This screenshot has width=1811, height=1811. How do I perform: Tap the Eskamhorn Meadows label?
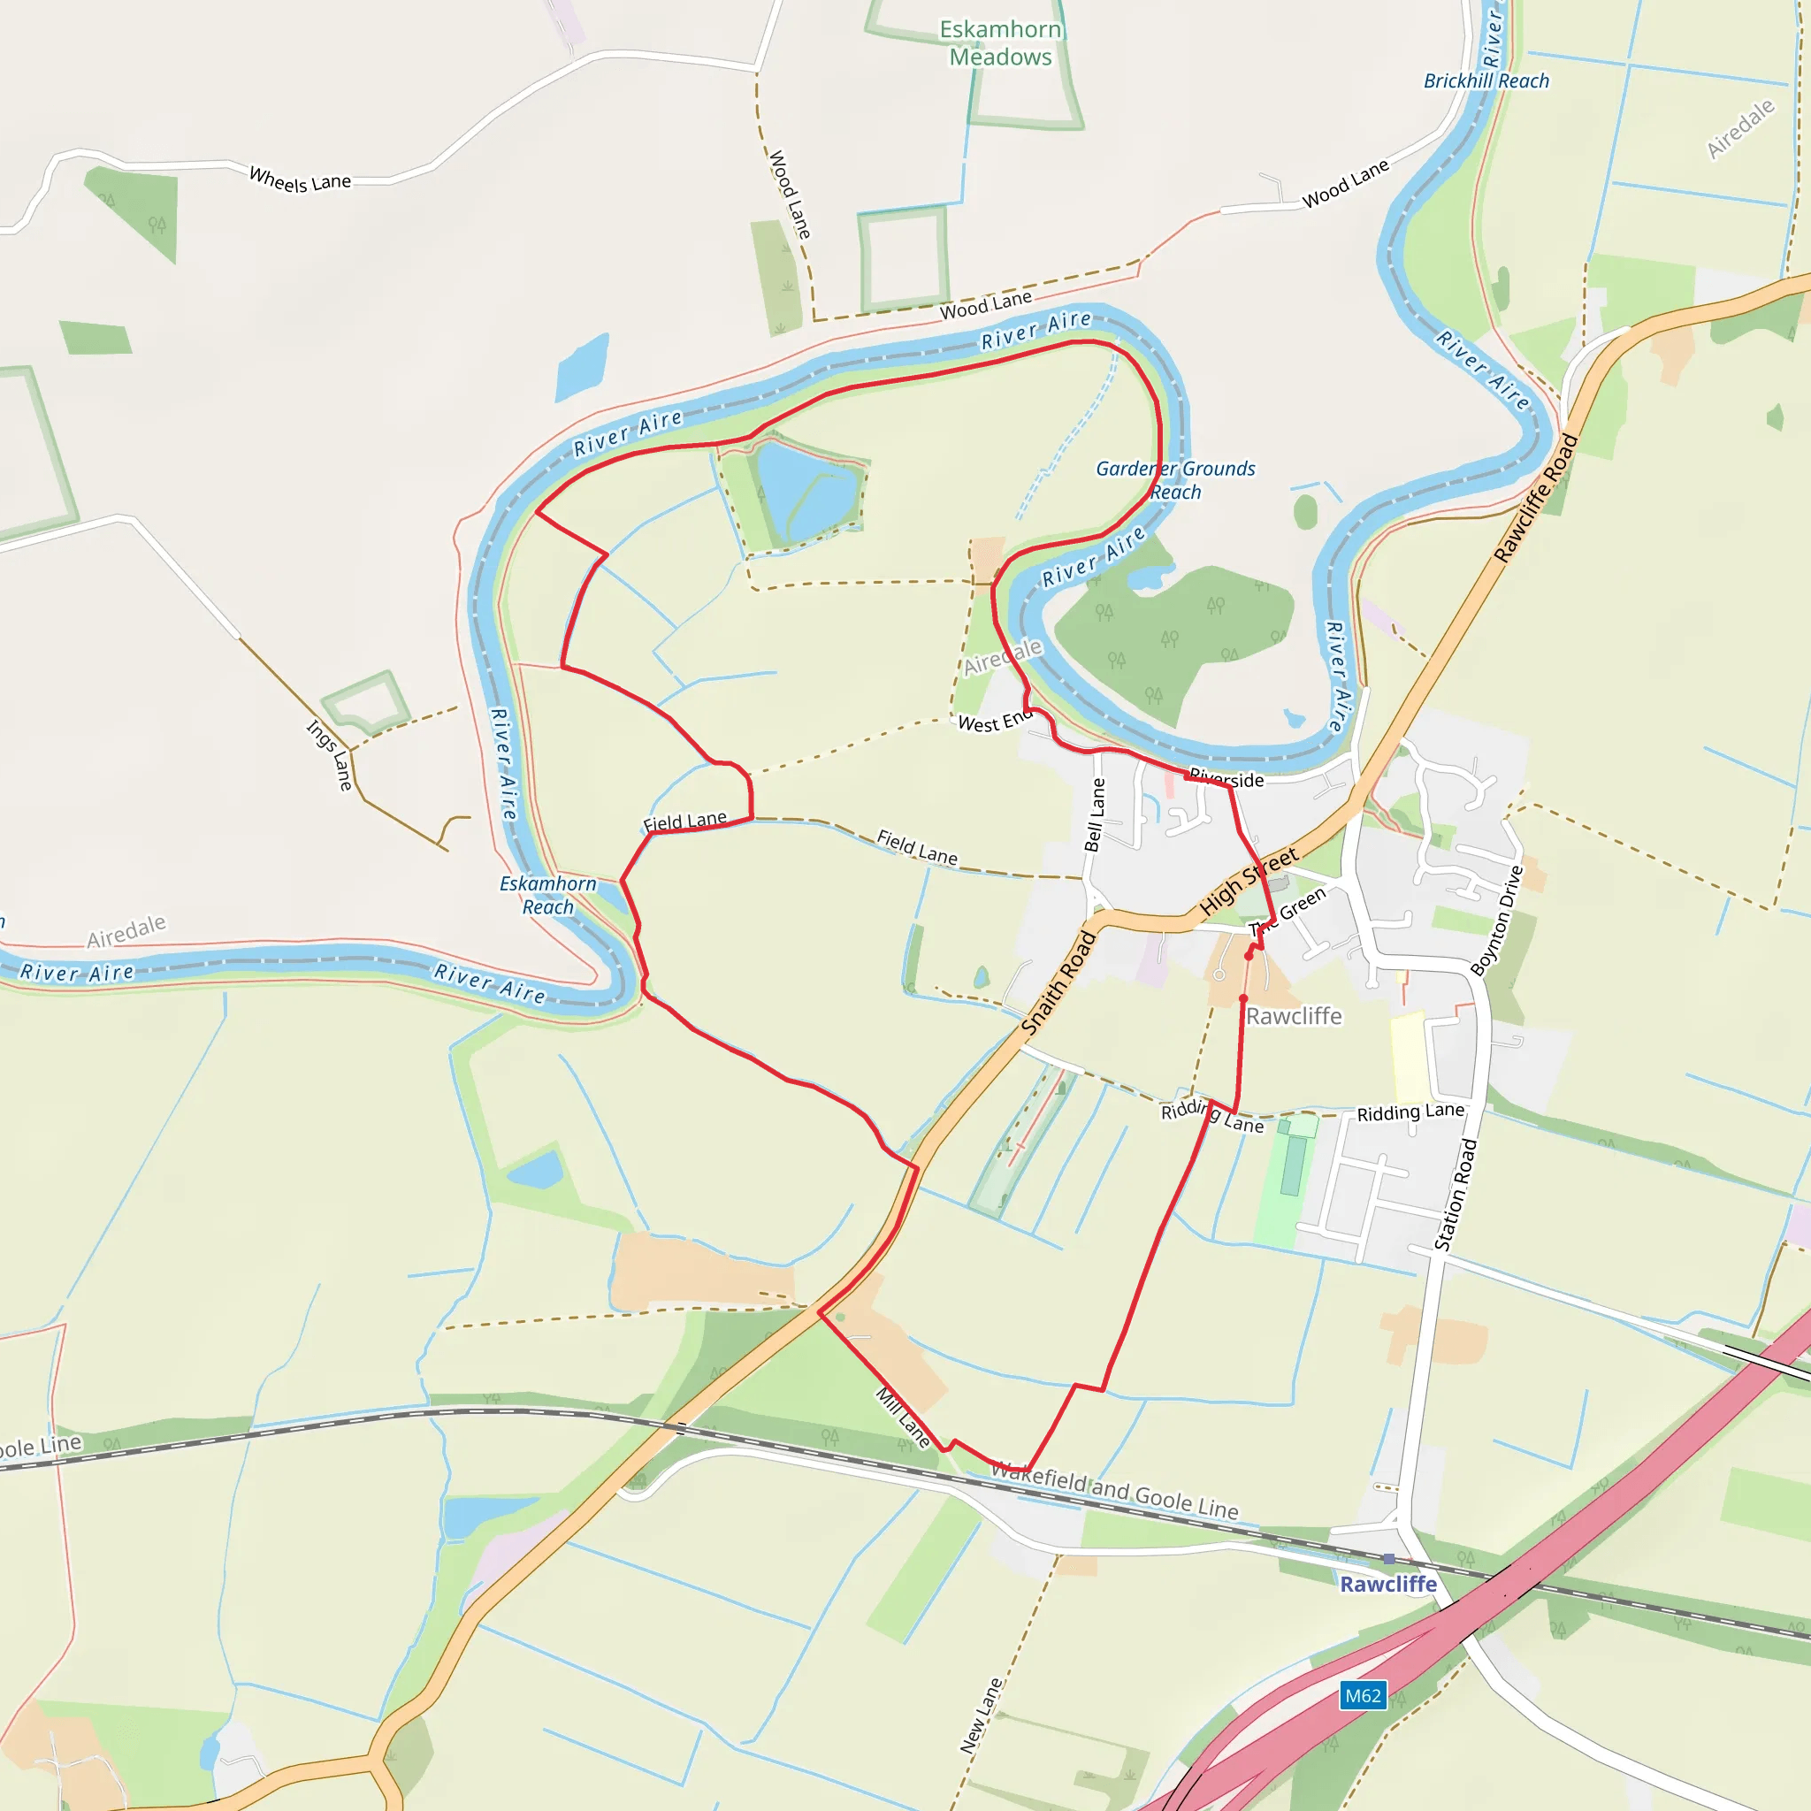coord(1000,43)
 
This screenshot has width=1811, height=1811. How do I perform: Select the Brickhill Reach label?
coord(1486,81)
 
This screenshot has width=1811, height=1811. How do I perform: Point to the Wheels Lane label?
coord(300,178)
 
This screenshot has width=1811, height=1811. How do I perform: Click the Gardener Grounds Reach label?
coord(1174,480)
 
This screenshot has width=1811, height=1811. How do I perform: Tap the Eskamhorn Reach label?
coord(547,895)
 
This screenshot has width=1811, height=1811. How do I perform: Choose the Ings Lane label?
coord(330,755)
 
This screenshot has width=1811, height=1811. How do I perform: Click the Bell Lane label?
coord(1094,814)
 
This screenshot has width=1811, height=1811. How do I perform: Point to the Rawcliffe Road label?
coord(1535,499)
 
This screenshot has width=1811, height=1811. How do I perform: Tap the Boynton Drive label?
coord(1497,921)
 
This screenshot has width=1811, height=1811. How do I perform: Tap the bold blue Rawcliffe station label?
coord(1387,1584)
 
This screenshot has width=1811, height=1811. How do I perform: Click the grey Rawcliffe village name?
coord(1294,1016)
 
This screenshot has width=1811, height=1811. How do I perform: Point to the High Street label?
coord(1249,880)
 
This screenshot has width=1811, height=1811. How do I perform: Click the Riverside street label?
coord(1226,778)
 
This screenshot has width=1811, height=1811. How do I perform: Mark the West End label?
coord(995,722)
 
